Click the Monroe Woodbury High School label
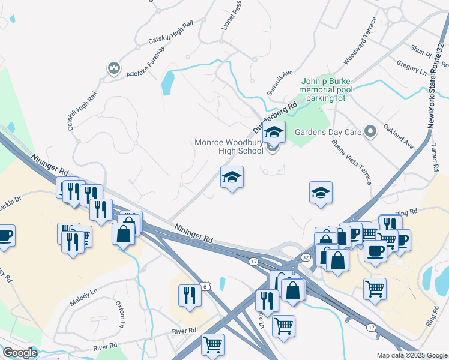pos(229,147)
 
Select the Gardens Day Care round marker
pos(370,131)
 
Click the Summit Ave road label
pos(279,83)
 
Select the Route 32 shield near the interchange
pos(305,257)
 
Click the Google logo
pos(20,353)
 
